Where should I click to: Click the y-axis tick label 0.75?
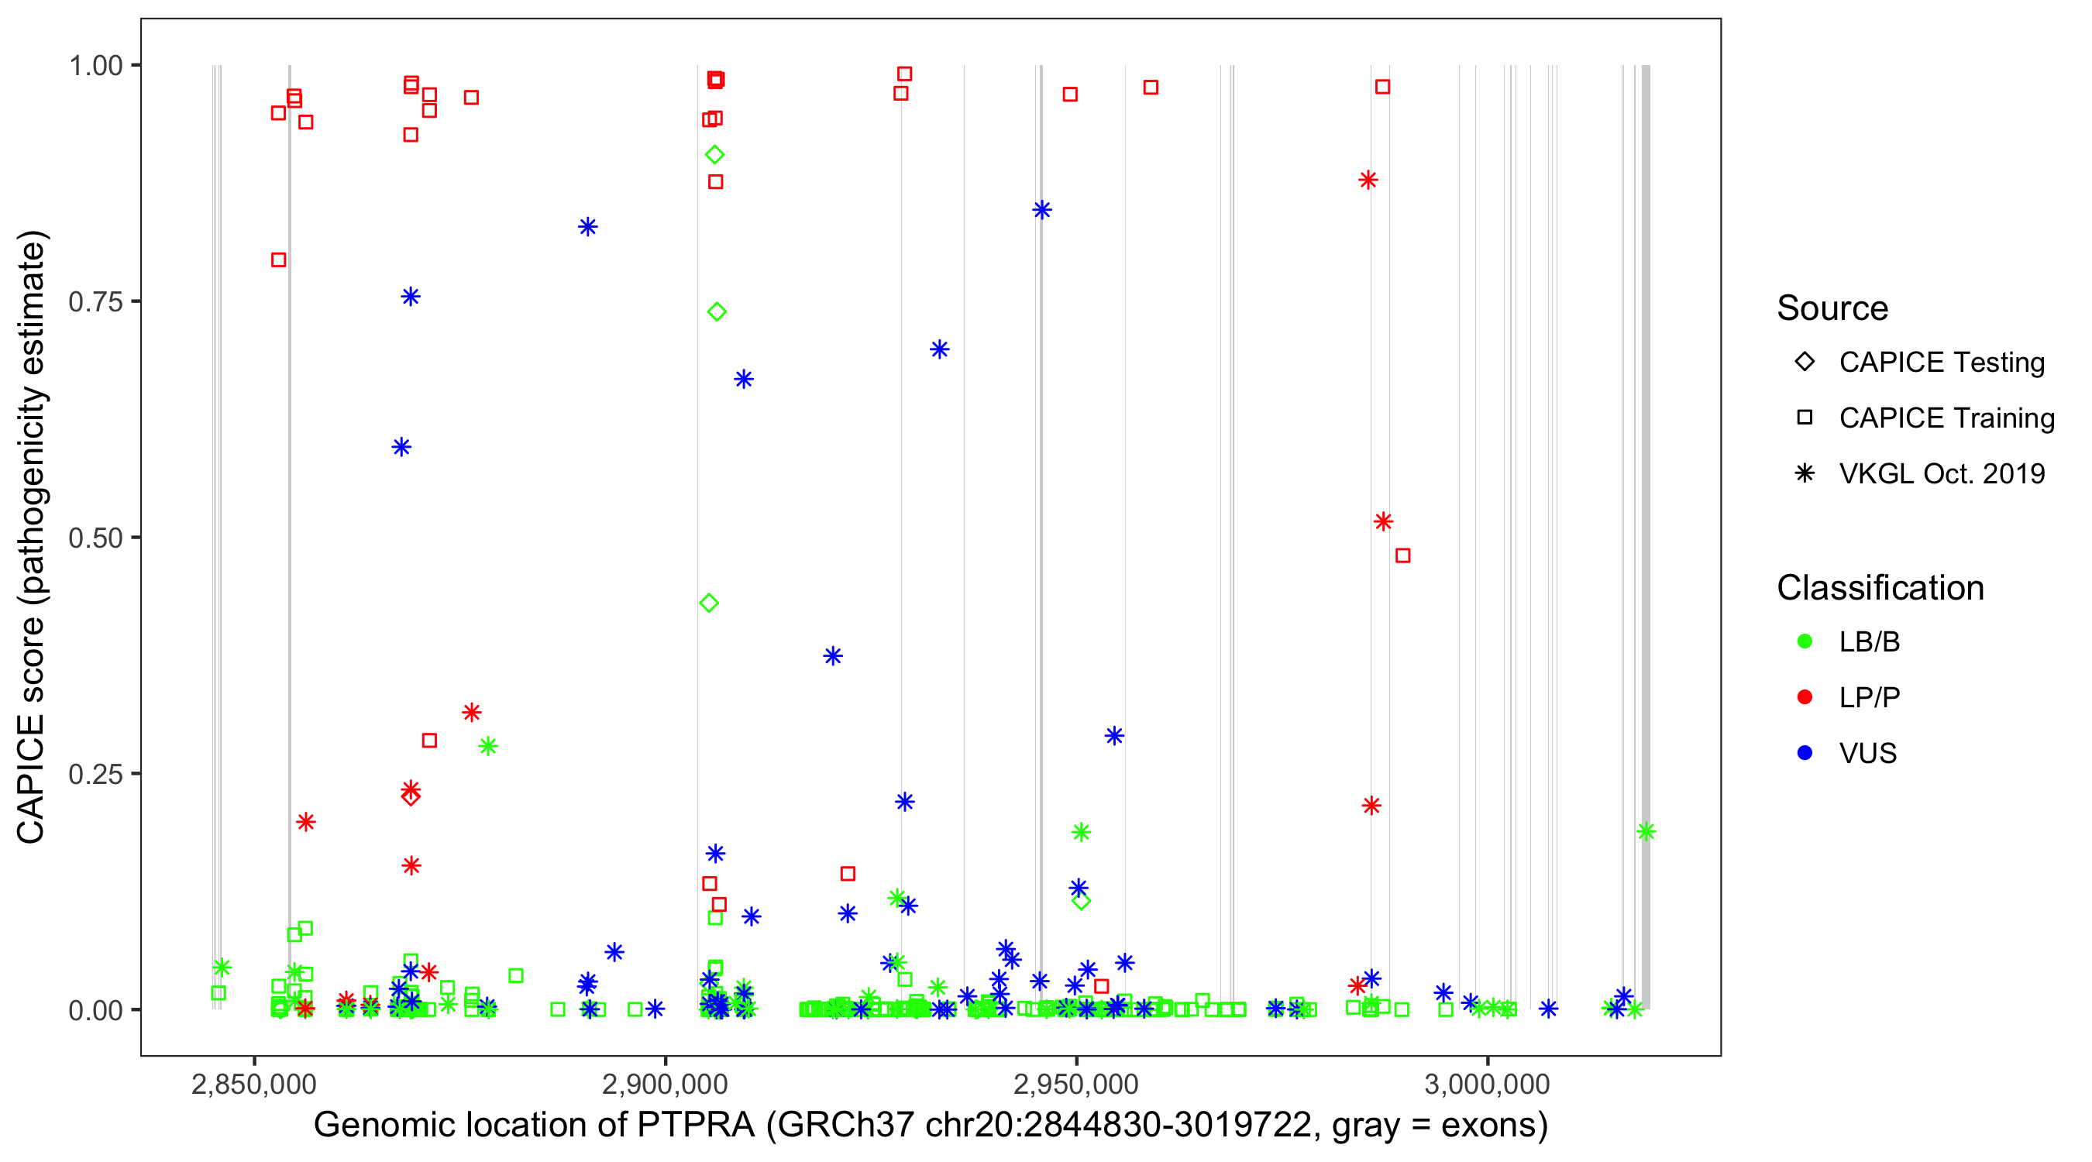click(x=95, y=302)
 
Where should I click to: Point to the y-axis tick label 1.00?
click(x=95, y=66)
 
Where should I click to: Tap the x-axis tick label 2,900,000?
click(x=665, y=1084)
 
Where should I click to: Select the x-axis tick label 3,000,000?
click(x=1487, y=1084)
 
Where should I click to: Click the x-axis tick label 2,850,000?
click(x=254, y=1084)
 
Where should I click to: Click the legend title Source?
click(x=1832, y=308)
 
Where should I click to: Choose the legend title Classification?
click(x=1880, y=588)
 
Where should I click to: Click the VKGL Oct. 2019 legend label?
click(x=1942, y=474)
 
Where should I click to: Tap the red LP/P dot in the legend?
click(x=1805, y=697)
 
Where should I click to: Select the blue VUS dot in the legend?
click(x=1805, y=754)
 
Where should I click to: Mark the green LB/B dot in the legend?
click(x=1805, y=641)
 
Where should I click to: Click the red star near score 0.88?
click(x=1368, y=180)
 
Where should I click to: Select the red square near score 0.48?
click(x=1402, y=555)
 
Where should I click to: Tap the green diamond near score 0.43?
click(x=709, y=603)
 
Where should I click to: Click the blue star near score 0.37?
click(x=832, y=656)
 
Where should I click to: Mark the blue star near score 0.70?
click(x=940, y=350)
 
